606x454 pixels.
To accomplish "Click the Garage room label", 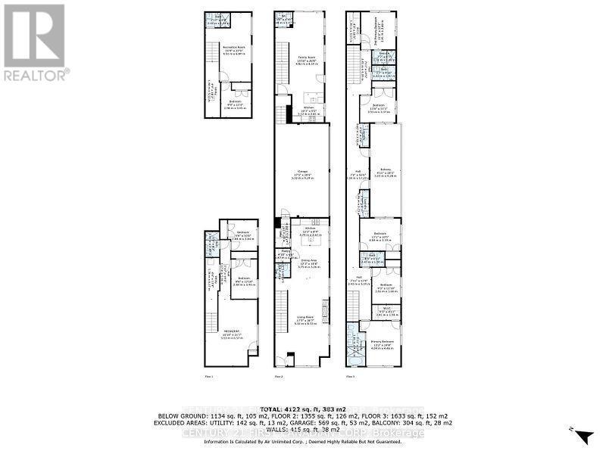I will (x=301, y=173).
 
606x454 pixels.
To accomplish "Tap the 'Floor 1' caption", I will (x=208, y=376).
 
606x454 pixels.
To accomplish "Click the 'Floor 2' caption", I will (x=278, y=376).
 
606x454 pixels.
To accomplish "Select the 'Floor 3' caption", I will (x=351, y=376).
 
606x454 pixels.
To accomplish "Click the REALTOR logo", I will (x=35, y=42).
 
